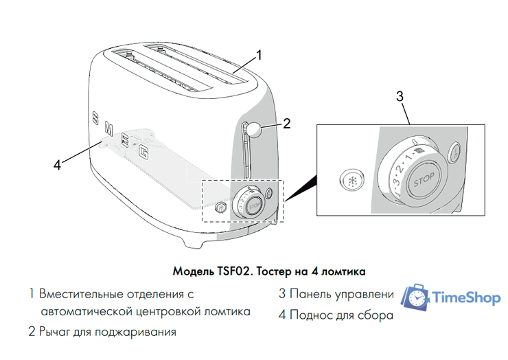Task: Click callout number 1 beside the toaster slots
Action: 259,54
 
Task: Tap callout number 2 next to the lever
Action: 287,124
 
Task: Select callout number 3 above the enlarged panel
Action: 400,96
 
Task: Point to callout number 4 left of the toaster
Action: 58,164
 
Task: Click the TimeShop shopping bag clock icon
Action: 415,297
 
